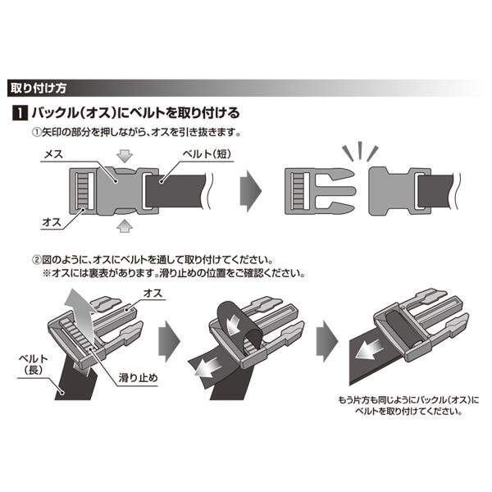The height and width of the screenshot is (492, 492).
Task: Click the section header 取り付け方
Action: coord(39,89)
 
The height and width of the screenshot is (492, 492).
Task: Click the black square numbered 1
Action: coord(20,113)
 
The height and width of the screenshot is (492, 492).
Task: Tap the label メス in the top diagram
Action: coord(53,154)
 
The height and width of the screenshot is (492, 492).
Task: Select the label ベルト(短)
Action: coord(207,154)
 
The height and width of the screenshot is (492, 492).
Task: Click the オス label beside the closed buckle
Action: coord(52,222)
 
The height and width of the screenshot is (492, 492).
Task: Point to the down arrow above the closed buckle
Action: coord(125,156)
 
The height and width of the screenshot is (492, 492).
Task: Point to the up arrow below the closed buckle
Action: coord(125,225)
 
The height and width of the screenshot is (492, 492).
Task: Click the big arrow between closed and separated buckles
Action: coord(250,191)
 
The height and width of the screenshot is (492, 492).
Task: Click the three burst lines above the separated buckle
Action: coord(360,152)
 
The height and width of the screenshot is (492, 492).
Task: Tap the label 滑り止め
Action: coord(138,377)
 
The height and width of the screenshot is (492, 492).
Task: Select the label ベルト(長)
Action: coord(34,364)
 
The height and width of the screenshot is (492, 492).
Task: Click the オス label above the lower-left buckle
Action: coord(153,294)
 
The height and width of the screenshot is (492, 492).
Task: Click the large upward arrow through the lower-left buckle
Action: coord(79,317)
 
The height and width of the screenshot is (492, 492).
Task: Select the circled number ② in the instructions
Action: coord(37,260)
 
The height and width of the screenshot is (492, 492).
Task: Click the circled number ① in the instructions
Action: coord(37,132)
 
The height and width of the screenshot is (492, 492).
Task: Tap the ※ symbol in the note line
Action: coord(47,273)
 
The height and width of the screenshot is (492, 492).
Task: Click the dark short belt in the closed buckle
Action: coord(175,191)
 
